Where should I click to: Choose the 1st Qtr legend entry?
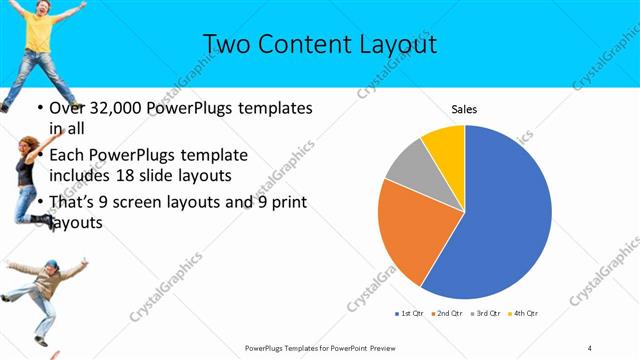[409, 314]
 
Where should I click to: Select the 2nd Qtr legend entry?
[446, 314]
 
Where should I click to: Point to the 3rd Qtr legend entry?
[485, 314]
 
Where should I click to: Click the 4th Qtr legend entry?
[524, 314]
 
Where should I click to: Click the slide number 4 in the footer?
[590, 347]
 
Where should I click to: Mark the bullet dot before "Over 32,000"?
[39, 108]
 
